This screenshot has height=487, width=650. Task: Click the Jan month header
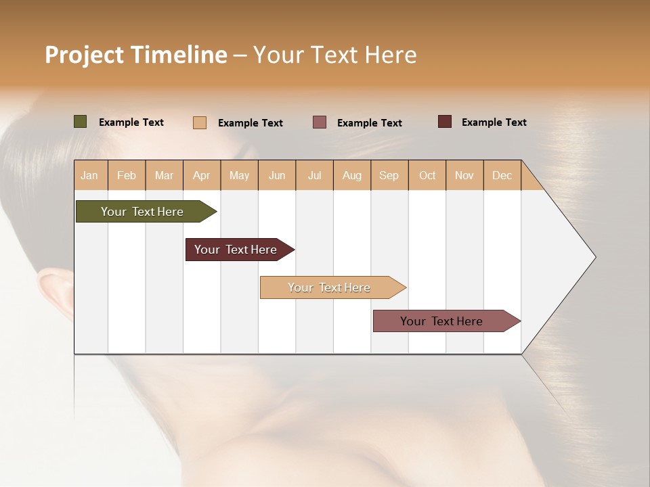[89, 175]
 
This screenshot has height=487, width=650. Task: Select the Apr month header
[201, 175]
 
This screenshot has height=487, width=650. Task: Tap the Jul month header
[314, 175]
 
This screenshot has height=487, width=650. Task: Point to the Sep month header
[389, 175]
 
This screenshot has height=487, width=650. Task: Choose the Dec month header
[502, 175]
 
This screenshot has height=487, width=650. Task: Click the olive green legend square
[80, 122]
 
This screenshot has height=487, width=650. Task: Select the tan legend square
[199, 122]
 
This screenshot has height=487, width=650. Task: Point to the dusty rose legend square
[319, 122]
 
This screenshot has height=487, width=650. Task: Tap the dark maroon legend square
[444, 122]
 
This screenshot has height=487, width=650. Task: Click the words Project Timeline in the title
[136, 55]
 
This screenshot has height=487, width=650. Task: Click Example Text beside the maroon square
[494, 122]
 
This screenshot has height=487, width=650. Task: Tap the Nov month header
[464, 175]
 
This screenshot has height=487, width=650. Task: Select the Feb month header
[127, 175]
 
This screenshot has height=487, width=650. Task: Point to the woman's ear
[54, 287]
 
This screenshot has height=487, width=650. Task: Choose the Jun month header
[277, 175]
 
